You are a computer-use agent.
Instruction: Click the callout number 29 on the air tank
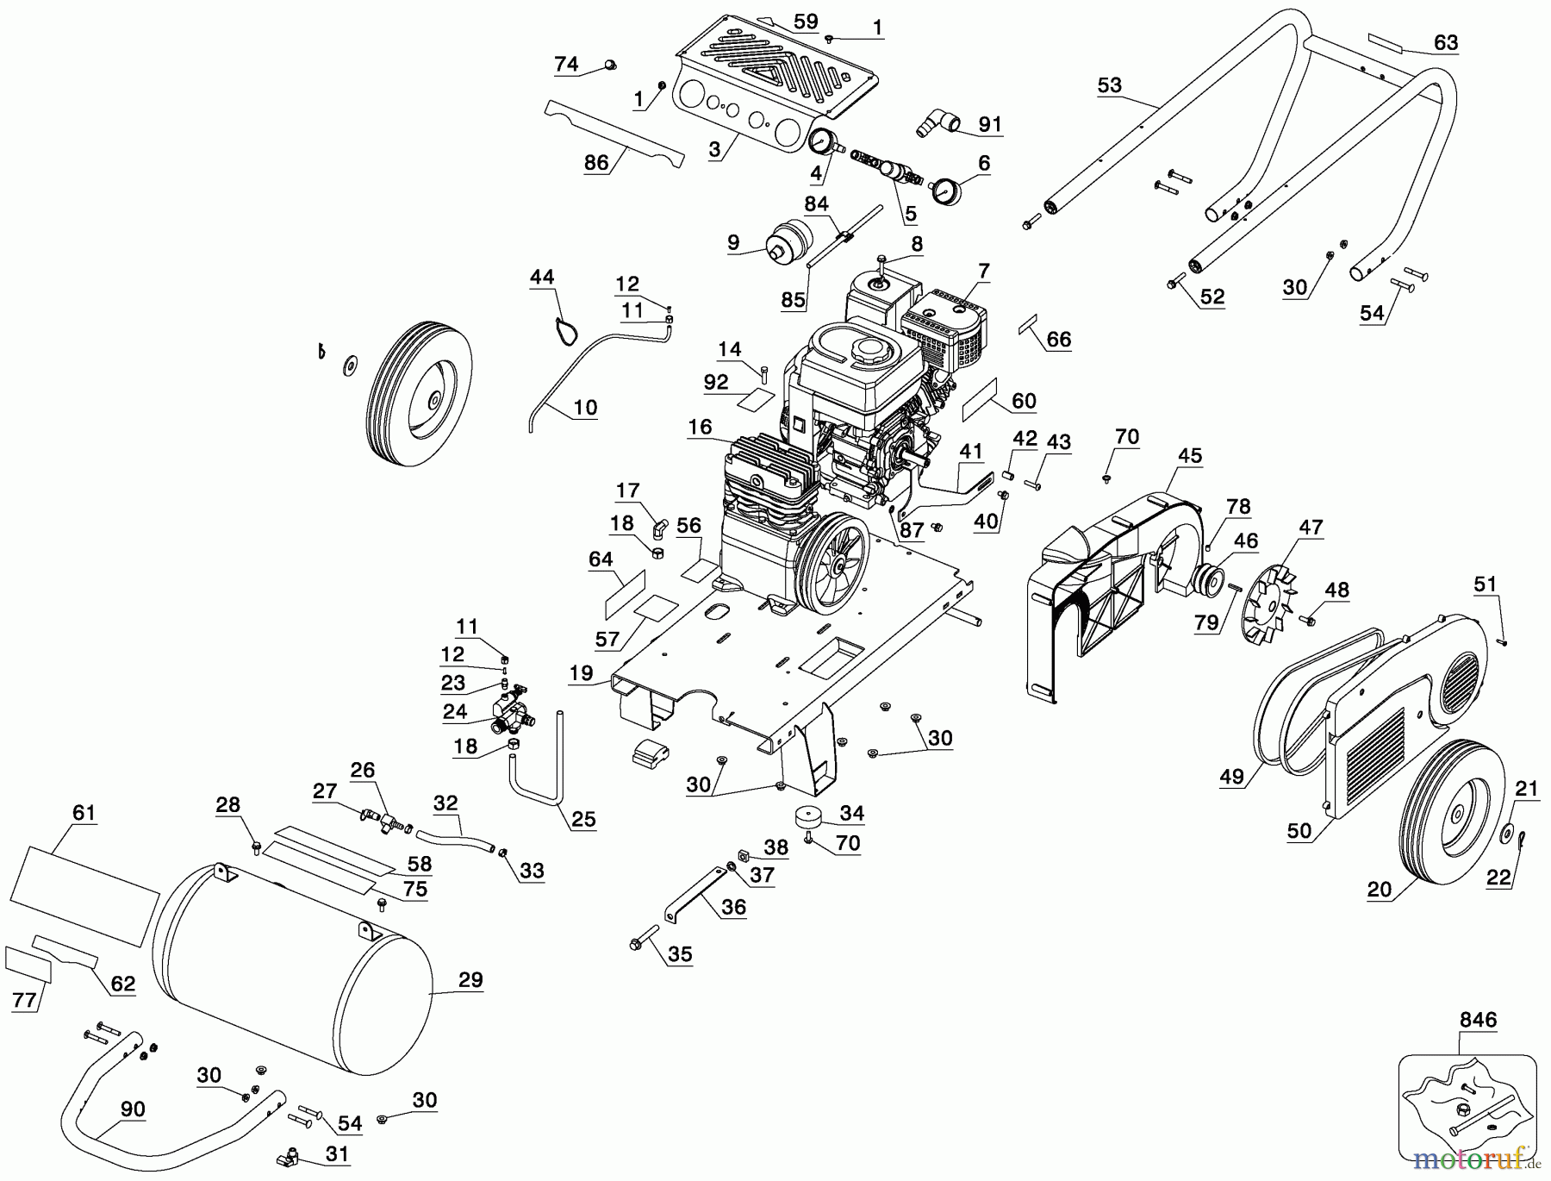(470, 980)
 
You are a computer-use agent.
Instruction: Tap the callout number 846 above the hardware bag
(1478, 1021)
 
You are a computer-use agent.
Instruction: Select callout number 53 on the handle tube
(1110, 85)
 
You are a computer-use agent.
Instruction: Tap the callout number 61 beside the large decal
(84, 812)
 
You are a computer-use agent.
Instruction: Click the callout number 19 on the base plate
(581, 673)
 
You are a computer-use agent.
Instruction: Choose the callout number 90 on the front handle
(133, 1109)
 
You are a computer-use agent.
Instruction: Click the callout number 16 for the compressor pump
(701, 427)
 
